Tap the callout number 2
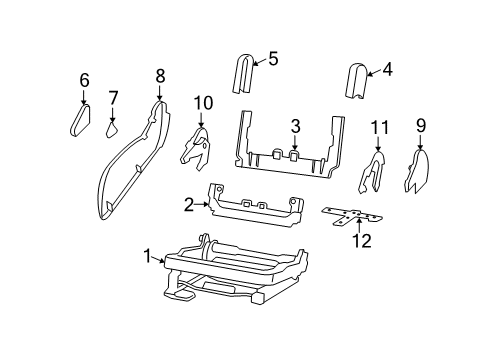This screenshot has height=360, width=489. click(x=187, y=206)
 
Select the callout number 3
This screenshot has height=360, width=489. click(x=295, y=125)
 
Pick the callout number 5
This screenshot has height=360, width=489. click(x=273, y=58)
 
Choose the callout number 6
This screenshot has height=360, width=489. click(x=84, y=80)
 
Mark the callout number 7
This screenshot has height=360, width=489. click(x=114, y=97)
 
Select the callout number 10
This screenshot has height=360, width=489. click(x=203, y=102)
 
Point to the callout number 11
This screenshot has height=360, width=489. click(x=378, y=127)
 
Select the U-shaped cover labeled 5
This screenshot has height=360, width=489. click(x=244, y=74)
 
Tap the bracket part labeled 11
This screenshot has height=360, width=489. click(x=374, y=171)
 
